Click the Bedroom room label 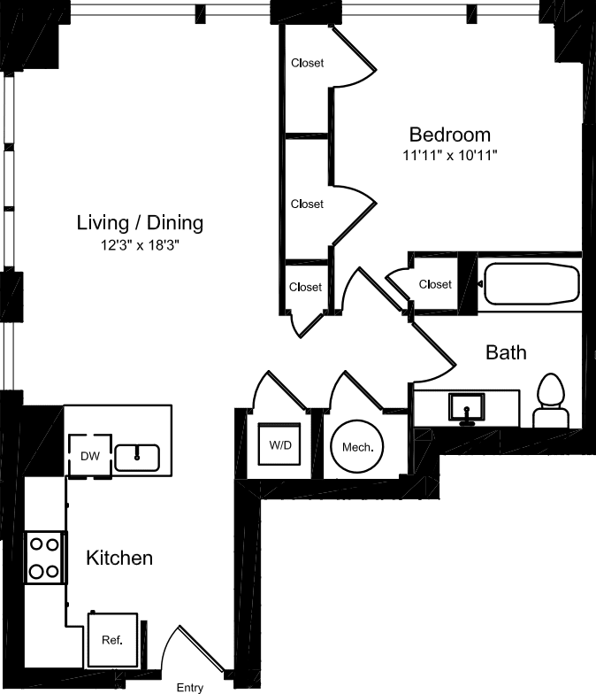click(x=449, y=135)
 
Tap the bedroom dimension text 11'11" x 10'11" click(x=449, y=156)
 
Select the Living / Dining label click(x=140, y=222)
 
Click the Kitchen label click(x=119, y=558)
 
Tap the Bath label click(x=507, y=352)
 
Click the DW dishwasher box click(x=89, y=456)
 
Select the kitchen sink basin click(x=137, y=458)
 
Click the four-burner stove click(x=44, y=557)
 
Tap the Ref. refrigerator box click(x=112, y=639)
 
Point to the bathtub click(x=529, y=284)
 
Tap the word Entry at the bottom click(x=190, y=687)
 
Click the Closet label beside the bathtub click(x=435, y=284)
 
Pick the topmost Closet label click(x=307, y=63)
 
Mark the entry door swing click(x=196, y=647)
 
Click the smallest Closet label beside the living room click(x=306, y=287)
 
